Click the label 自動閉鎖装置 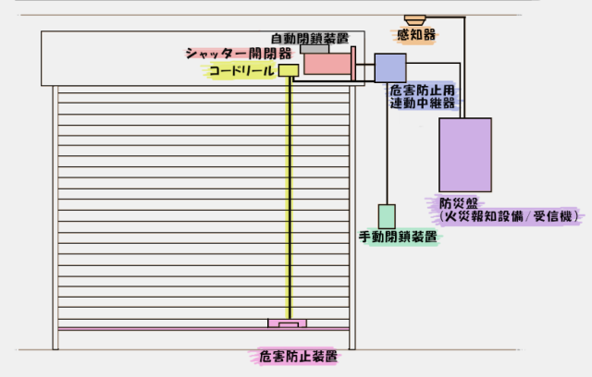pos(310,38)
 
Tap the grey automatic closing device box pos(314,49)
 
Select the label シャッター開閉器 pos(239,54)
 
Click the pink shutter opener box pos(327,64)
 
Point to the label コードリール pos(241,70)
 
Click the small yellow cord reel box pos(289,70)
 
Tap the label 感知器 pos(416,35)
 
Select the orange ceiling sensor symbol pos(415,20)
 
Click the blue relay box pos(390,67)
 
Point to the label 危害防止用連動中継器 pos(422,96)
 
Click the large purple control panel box pos(465,155)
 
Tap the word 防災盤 pos(459,203)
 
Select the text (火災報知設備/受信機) pos(509,216)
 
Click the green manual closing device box pos(387,216)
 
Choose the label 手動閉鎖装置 pos(398,237)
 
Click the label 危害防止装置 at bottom pos(298,357)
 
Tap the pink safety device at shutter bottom pos(288,323)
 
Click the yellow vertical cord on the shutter pos(290,198)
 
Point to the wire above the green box pos(387,143)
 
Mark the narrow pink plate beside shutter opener pos(353,64)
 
